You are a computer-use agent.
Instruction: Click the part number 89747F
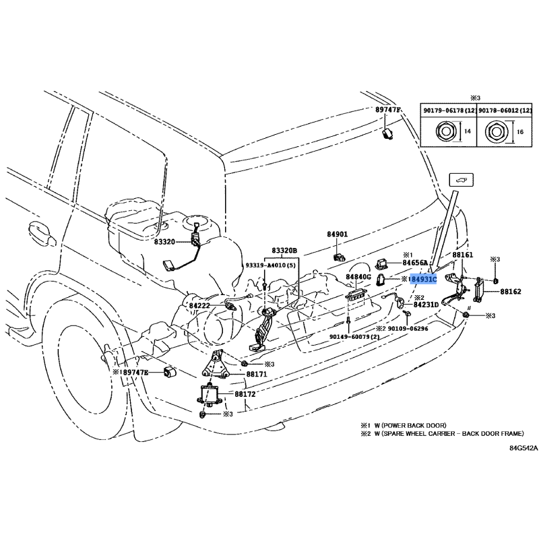(387, 110)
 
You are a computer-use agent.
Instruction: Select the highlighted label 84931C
(424, 279)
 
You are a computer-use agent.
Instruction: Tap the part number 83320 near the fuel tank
(164, 241)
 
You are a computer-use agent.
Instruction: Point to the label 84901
(337, 234)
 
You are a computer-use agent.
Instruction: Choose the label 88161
(463, 256)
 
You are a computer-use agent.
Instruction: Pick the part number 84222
(201, 306)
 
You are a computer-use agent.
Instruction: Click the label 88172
(245, 393)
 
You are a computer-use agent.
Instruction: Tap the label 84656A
(416, 263)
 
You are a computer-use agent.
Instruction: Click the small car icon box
(462, 180)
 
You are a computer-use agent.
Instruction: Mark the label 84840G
(358, 277)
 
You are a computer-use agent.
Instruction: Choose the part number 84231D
(426, 305)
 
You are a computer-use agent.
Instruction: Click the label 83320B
(284, 251)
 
